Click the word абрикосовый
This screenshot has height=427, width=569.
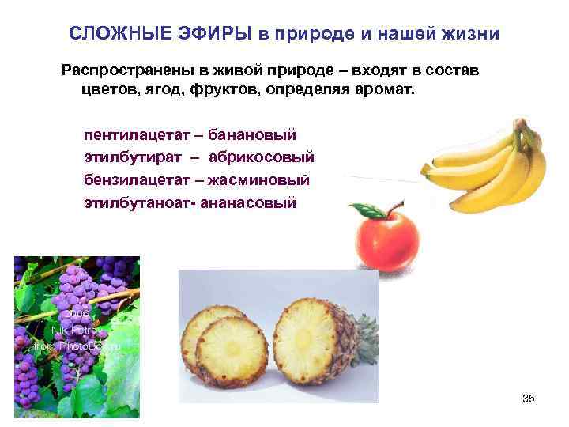(x=268, y=158)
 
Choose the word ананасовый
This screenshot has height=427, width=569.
(x=249, y=202)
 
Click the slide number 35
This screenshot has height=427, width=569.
(x=529, y=399)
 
